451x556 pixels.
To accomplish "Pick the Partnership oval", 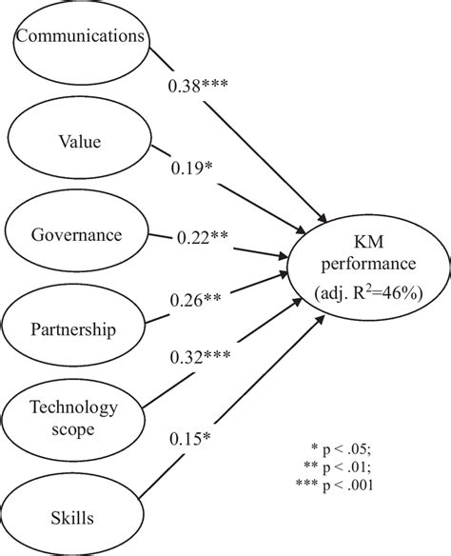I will coord(73,330).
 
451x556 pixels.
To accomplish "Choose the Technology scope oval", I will coord(73,417).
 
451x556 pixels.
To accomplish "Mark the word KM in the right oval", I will coord(366,240).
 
